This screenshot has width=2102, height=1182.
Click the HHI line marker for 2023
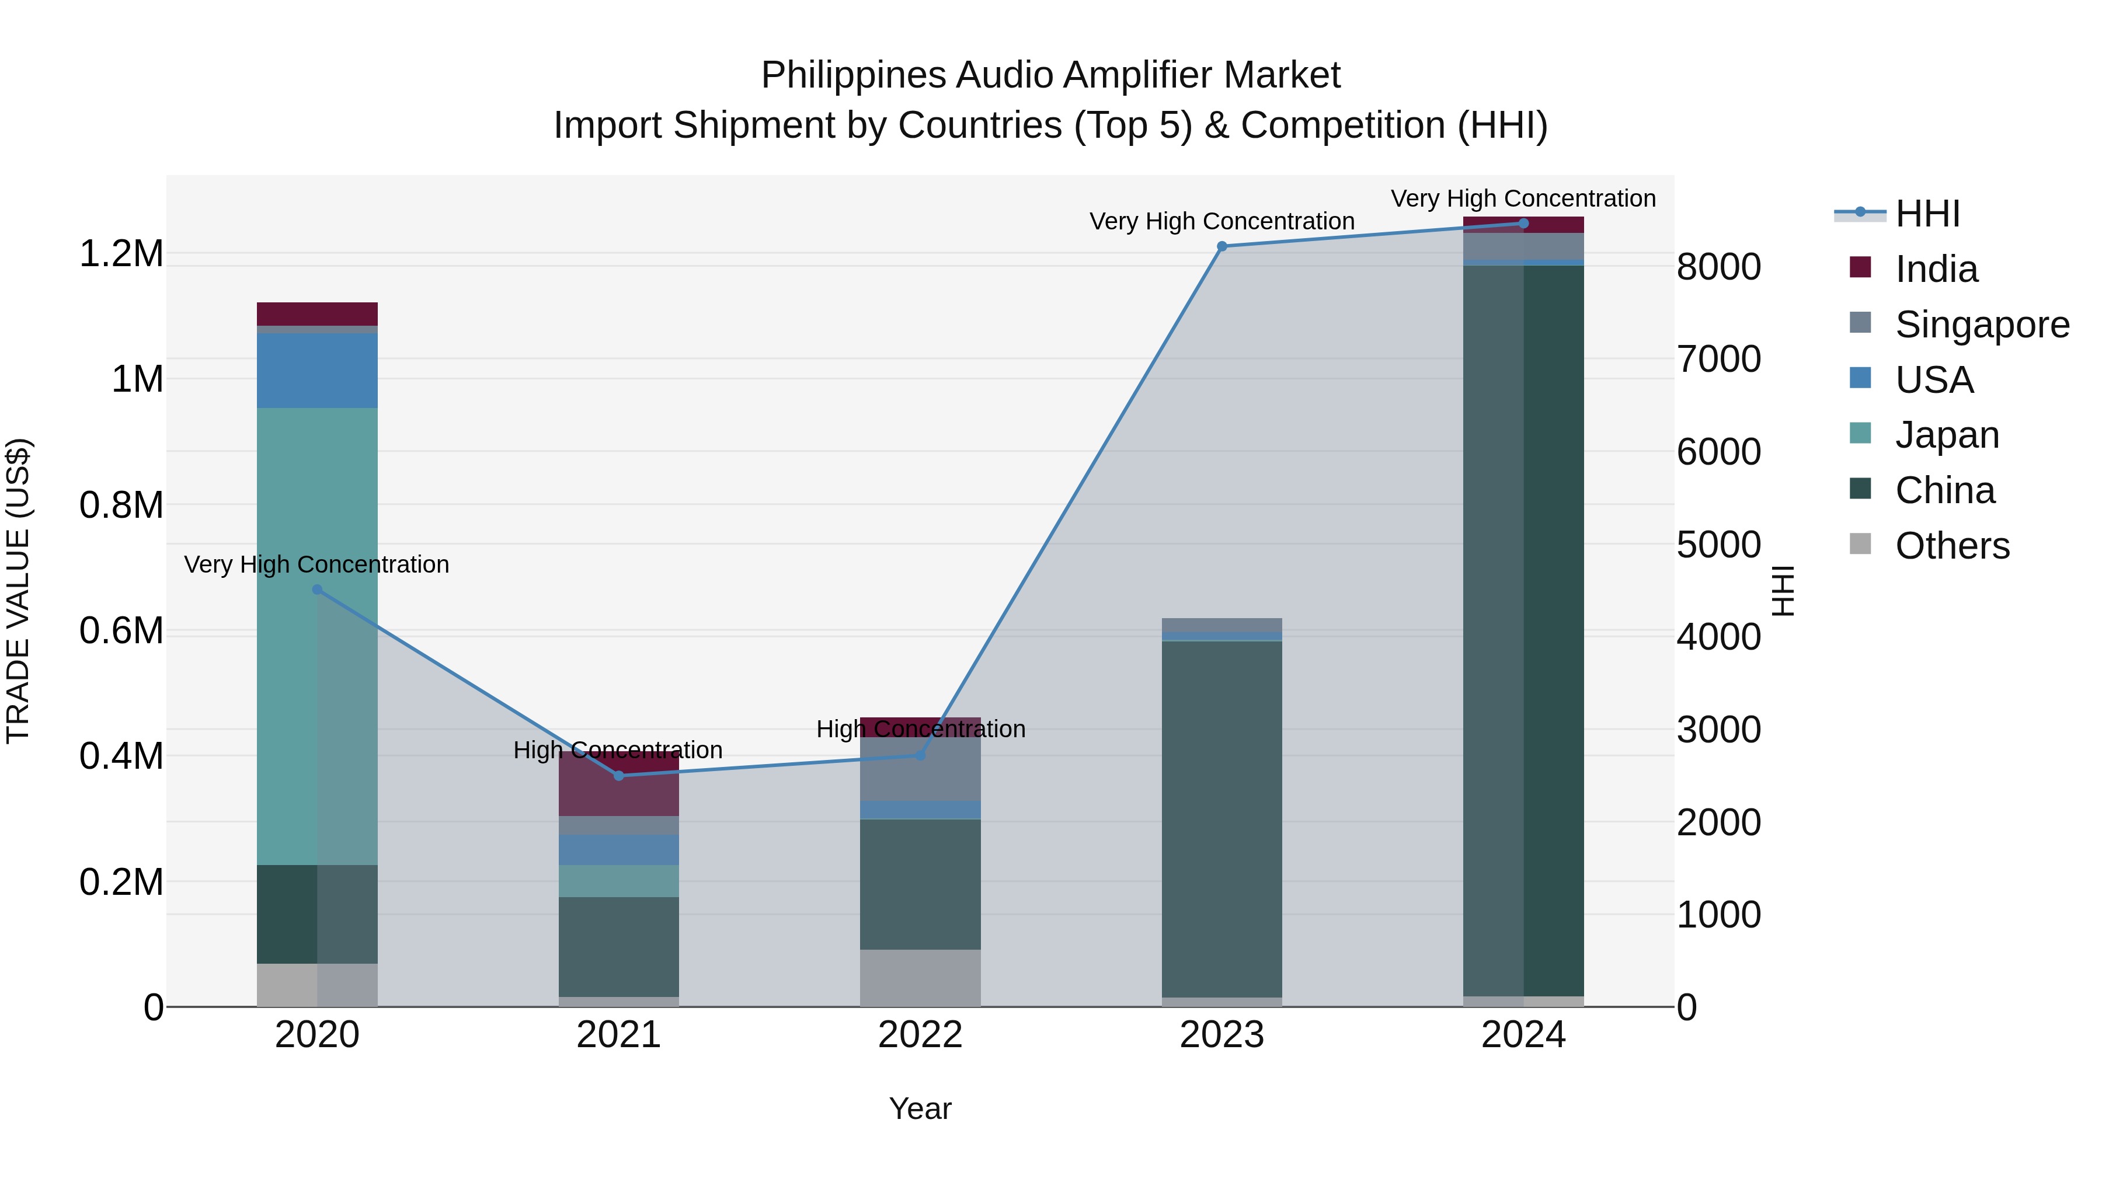[x=1221, y=246]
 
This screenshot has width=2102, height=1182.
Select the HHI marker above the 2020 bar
[x=318, y=590]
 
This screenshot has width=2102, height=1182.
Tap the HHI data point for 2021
[x=618, y=776]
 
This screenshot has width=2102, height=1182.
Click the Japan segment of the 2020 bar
[x=318, y=636]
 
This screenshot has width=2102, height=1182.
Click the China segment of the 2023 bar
[x=1221, y=816]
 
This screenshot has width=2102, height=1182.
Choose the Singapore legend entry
[x=1981, y=324]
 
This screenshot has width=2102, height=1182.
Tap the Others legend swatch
[x=1860, y=543]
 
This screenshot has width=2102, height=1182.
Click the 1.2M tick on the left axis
[x=121, y=254]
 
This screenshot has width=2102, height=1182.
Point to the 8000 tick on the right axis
[x=1718, y=267]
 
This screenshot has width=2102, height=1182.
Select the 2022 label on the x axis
[x=920, y=1035]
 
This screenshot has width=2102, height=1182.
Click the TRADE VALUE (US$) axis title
[x=18, y=591]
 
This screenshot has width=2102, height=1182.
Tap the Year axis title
[x=920, y=1108]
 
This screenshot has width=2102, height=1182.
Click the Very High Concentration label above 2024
[x=1523, y=198]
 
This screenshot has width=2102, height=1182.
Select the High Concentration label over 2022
[x=920, y=728]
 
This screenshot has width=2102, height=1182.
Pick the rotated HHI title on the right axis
[x=1784, y=591]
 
